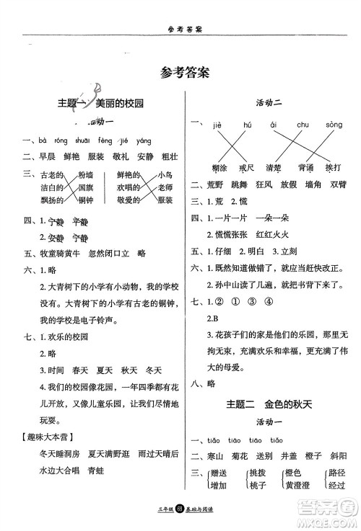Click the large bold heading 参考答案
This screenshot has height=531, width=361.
180,73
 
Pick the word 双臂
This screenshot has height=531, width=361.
336,184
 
